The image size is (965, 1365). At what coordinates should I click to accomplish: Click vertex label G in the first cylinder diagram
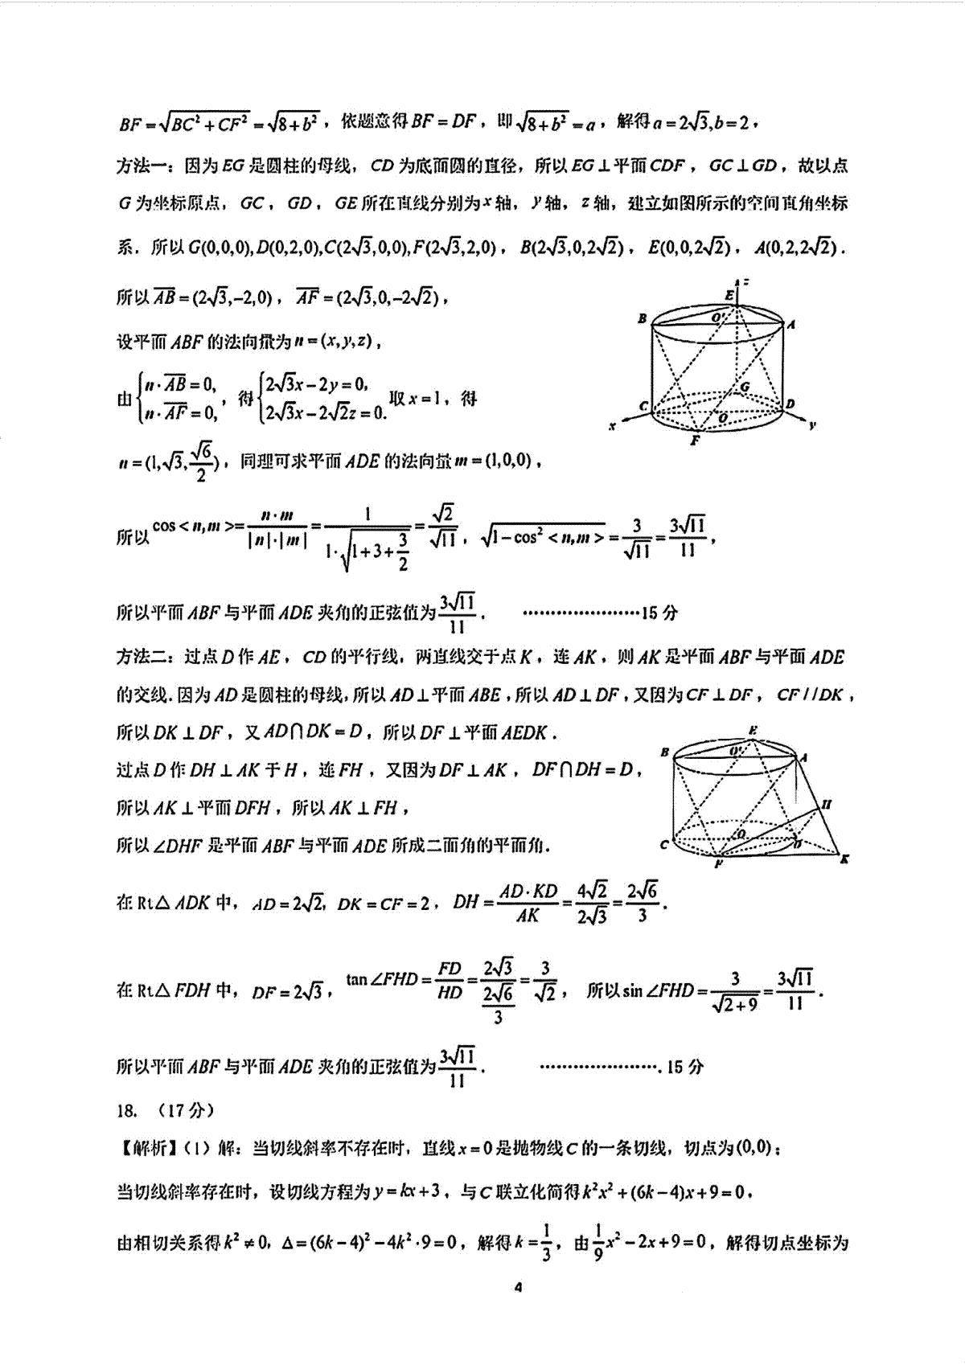[x=745, y=387]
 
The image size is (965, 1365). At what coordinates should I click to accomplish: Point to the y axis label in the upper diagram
[x=812, y=425]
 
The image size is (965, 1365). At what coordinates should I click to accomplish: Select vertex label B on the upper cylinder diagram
[x=642, y=318]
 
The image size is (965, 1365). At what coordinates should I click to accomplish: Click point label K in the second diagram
[x=844, y=859]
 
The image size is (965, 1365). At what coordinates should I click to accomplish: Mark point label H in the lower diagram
[x=827, y=804]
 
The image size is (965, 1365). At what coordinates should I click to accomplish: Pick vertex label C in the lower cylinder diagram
[x=664, y=844]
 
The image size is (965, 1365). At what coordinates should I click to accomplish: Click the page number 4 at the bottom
[x=518, y=1287]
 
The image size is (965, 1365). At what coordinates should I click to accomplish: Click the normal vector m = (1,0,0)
[x=492, y=461]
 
